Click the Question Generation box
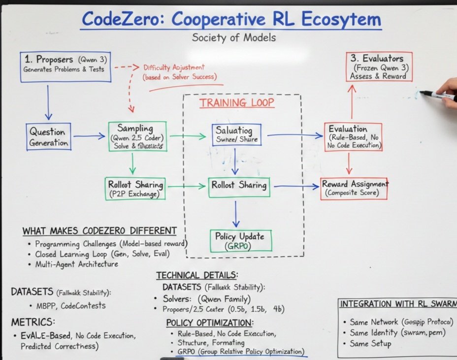[49, 137]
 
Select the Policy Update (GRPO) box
[233, 241]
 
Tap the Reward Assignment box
[354, 188]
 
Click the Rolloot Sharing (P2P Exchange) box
[135, 189]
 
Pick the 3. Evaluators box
[378, 66]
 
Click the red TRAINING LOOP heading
[236, 103]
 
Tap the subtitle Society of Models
[234, 37]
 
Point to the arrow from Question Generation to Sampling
[90, 136]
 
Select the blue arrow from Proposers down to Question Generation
[48, 102]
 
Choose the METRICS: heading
[33, 322]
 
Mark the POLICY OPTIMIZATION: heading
[210, 323]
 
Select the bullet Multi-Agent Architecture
[76, 264]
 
